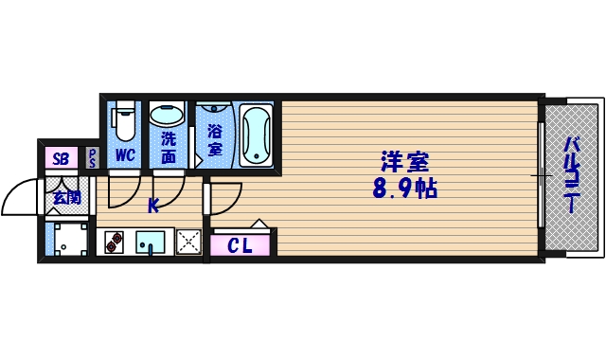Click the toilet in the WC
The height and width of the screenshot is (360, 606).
click(123, 122)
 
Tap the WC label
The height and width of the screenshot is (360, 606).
click(124, 154)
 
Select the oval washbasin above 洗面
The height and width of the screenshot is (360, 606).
click(169, 116)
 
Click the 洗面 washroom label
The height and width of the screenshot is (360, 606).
click(169, 148)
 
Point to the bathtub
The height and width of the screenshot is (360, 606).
click(256, 135)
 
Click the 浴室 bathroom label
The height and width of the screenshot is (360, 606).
click(214, 141)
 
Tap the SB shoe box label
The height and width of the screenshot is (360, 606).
click(61, 158)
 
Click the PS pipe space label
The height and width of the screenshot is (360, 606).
click(93, 158)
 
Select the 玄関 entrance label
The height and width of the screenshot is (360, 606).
click(65, 198)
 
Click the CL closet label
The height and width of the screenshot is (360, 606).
click(241, 246)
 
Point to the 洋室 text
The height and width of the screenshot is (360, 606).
click(403, 160)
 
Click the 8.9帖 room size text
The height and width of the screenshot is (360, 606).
click(404, 189)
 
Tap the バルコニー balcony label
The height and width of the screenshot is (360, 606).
click(572, 176)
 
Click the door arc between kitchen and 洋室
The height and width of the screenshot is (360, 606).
click(222, 199)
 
